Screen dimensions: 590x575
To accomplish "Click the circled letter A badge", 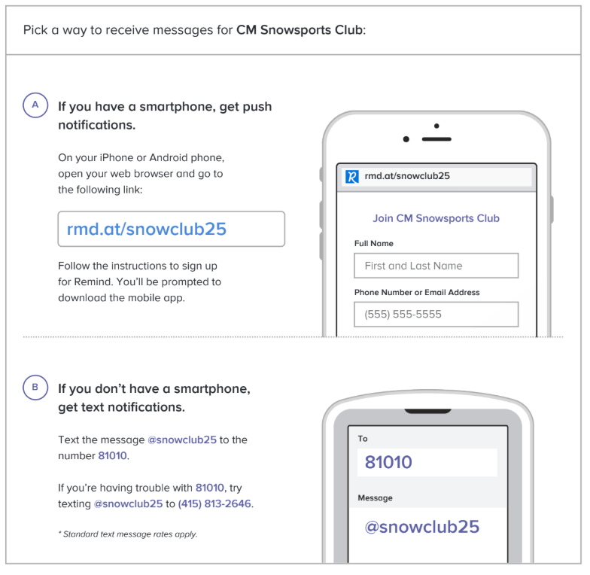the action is tap(35, 105).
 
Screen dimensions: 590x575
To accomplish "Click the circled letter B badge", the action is tap(35, 387).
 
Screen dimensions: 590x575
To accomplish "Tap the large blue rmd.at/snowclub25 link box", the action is tap(172, 229).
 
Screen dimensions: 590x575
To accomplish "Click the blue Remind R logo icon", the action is tap(352, 176).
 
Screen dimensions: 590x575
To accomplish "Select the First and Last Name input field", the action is tap(436, 266).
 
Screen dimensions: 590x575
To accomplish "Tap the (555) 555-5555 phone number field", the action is tap(436, 315).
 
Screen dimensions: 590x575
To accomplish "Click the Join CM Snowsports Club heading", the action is tap(436, 218).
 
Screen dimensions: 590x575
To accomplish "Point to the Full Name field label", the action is tap(373, 244).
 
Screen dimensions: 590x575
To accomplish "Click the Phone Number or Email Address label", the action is tap(417, 292).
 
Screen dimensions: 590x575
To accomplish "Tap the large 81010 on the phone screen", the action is tap(388, 462).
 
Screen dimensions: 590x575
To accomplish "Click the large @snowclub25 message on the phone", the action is tap(421, 527).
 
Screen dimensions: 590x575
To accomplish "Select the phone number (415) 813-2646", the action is tap(214, 504).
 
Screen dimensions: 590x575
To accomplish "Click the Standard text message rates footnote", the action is tap(128, 534).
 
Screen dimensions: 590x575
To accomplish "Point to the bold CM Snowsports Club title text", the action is tap(300, 30).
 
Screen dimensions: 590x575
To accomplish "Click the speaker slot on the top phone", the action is tap(436, 139).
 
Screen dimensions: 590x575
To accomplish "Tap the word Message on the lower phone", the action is tap(375, 498).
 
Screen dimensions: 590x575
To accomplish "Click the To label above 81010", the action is tap(363, 438).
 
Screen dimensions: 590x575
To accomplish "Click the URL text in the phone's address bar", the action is tap(407, 176).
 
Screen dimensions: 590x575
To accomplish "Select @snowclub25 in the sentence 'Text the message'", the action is tap(182, 440).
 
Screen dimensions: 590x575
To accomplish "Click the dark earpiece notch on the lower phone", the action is tap(427, 411).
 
